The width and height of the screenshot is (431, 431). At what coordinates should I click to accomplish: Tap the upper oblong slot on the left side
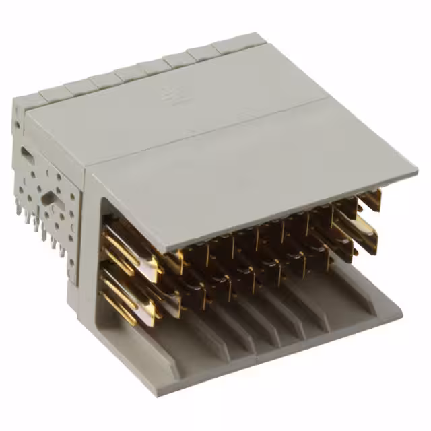point(26,155)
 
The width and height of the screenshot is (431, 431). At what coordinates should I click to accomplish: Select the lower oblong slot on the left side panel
point(48,198)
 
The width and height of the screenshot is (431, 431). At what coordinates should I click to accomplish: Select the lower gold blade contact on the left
point(125,296)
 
